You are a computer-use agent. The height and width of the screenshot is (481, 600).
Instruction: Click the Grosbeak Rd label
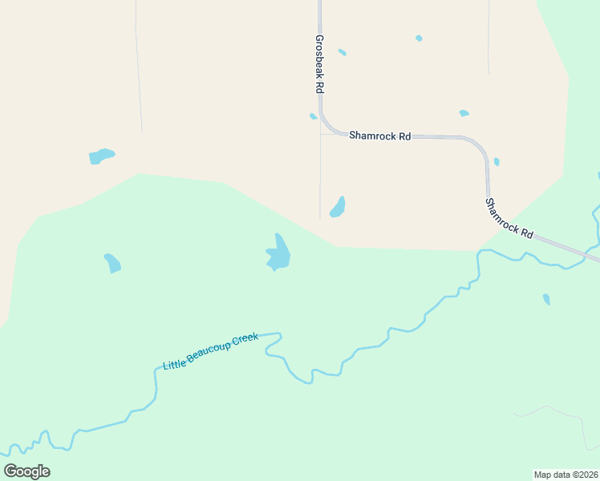pos(319,63)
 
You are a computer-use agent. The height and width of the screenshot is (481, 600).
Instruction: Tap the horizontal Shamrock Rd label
pos(379,135)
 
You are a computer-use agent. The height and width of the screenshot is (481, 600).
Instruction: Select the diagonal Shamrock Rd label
pos(509,217)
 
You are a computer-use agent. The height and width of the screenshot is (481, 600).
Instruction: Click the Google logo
pos(27,471)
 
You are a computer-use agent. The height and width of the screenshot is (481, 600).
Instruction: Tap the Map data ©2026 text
pos(566,475)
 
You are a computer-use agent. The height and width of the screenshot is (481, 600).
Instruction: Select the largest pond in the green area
pos(278,254)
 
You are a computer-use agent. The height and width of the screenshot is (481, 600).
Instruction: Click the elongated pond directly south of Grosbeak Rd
pos(338,208)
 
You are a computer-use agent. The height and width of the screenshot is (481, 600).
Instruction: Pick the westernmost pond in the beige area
pos(101,156)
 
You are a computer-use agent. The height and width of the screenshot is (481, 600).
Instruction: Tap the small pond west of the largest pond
pos(112,263)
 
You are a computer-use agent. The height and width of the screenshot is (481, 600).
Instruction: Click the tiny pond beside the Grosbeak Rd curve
pos(313,116)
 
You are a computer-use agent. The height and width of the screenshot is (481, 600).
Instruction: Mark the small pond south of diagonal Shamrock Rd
pos(546,299)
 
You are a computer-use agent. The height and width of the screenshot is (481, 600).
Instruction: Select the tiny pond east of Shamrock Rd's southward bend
pos(497,162)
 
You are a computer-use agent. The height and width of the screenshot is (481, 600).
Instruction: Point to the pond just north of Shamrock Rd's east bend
pos(464,113)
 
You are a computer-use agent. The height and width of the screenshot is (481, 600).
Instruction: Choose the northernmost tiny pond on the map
pos(419,38)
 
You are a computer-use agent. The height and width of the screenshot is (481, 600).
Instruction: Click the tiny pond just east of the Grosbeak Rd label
pos(343,52)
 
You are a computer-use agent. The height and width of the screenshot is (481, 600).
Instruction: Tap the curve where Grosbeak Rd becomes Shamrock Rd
pos(326,124)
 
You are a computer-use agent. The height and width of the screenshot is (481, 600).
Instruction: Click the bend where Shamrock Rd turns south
pos(480,145)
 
